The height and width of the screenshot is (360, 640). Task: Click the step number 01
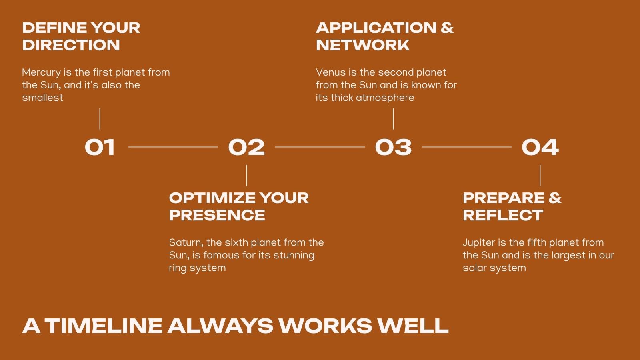100,147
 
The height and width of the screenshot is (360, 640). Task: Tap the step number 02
246,147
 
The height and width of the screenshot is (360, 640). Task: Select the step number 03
394,147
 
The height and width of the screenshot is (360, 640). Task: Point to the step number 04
540,147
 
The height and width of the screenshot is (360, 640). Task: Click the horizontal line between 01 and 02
173,147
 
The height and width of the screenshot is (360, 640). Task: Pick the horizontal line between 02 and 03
320,147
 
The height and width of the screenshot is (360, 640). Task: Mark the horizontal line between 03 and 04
466,147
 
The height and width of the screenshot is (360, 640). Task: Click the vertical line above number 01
100,118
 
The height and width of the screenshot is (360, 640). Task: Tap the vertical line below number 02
246,176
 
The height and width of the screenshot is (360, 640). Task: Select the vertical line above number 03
394,118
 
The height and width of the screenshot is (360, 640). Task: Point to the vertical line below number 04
540,176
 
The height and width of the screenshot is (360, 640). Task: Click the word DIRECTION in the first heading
71,45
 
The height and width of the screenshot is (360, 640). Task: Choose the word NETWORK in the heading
363,45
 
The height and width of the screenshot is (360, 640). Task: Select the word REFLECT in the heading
503,215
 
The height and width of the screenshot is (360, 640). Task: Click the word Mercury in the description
42,72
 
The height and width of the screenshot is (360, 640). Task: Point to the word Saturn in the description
186,242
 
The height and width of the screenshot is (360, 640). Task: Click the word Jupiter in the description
479,243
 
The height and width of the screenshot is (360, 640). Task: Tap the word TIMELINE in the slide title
104,326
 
